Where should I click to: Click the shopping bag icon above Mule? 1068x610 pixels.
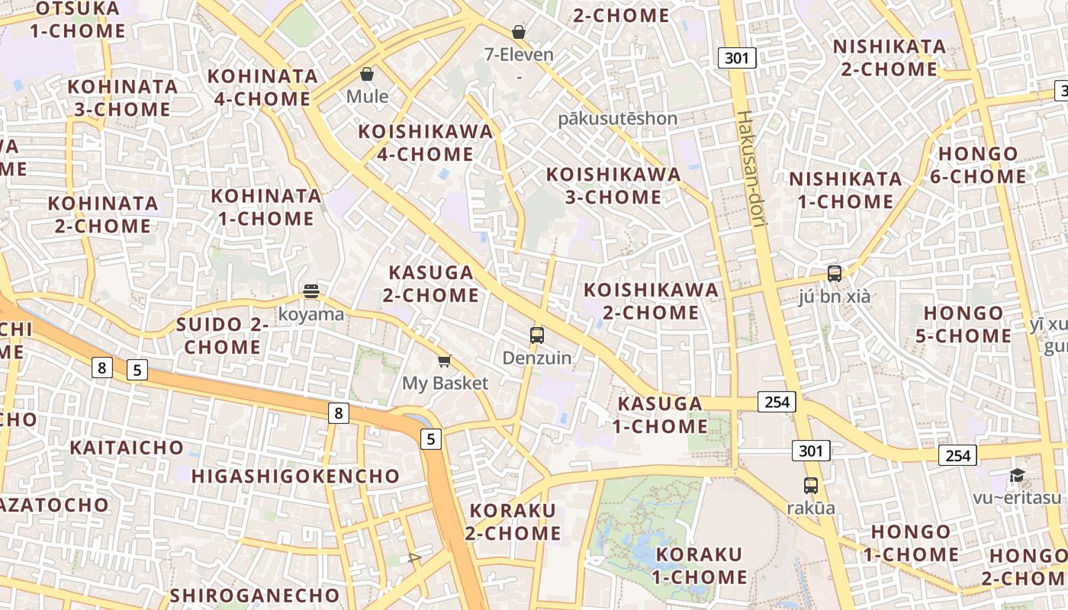(x=367, y=74)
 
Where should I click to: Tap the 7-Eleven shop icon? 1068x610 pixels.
(x=519, y=32)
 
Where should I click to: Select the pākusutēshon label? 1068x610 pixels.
(x=617, y=118)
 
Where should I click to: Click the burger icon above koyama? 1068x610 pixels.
(x=310, y=291)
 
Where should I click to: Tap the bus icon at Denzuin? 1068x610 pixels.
(x=537, y=335)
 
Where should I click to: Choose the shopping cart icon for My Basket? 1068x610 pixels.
(x=445, y=361)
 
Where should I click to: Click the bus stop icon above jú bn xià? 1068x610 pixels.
(x=834, y=273)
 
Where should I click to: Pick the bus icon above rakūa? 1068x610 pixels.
(x=810, y=485)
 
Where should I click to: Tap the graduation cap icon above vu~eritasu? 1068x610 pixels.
(x=1017, y=476)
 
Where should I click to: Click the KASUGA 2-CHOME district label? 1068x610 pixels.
(x=431, y=284)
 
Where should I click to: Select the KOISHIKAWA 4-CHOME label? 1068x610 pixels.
(x=426, y=143)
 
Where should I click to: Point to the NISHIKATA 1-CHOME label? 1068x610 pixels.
(x=845, y=191)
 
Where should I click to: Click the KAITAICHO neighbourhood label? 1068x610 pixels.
(x=127, y=448)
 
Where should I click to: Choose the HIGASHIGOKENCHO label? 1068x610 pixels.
(x=295, y=477)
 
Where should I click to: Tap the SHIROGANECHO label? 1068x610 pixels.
(x=255, y=595)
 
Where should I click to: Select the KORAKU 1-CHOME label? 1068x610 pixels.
(x=699, y=566)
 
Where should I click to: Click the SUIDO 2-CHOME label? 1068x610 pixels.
(x=223, y=335)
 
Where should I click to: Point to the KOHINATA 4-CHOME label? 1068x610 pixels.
(x=262, y=88)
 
